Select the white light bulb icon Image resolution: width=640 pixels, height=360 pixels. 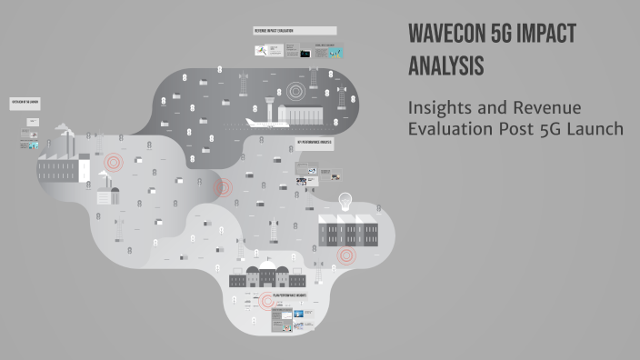point(345,201)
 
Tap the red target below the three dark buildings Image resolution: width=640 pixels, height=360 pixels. point(345,255)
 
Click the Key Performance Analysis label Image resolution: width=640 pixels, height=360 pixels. point(315,143)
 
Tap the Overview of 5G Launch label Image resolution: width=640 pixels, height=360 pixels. point(25,102)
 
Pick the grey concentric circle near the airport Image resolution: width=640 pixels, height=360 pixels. point(295,91)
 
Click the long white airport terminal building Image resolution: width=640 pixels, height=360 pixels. point(305,115)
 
